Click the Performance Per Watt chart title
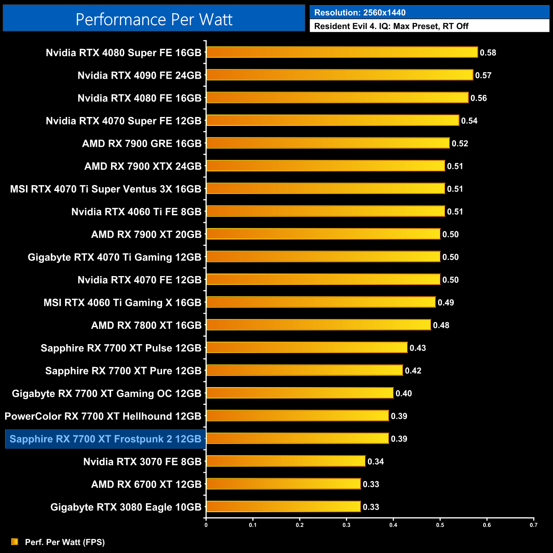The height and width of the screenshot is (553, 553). coord(154,19)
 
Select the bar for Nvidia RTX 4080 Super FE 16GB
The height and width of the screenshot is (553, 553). coord(342,52)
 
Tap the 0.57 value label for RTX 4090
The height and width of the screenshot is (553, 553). coord(483,75)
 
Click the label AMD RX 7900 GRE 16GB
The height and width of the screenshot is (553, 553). coord(142,143)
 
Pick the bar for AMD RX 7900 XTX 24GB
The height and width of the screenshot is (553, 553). coord(325,166)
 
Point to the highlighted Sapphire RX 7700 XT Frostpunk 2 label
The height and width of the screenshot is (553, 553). coord(105,439)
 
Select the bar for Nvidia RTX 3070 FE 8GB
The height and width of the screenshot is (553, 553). coord(285,461)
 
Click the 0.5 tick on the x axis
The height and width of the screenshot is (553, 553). coord(440,525)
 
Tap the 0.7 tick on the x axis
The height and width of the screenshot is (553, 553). coord(533,525)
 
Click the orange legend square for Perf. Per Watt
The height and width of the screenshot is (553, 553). coord(15,542)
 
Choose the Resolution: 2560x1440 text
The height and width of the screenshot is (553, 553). coord(360,13)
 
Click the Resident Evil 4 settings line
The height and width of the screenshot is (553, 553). coord(391,26)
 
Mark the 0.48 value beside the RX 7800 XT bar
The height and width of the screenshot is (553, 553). coord(441,325)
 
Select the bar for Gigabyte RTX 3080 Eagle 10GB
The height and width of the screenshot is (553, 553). coord(283,507)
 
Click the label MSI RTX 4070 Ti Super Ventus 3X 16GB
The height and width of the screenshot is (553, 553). coord(105,189)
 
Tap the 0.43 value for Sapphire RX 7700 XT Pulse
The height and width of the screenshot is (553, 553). coord(418,348)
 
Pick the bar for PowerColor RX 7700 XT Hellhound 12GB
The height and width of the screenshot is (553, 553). coord(297,416)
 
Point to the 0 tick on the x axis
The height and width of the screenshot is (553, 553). coord(206,525)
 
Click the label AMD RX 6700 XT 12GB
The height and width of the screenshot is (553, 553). coord(146,484)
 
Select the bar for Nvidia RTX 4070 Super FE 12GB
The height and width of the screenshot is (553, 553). coord(332,120)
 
